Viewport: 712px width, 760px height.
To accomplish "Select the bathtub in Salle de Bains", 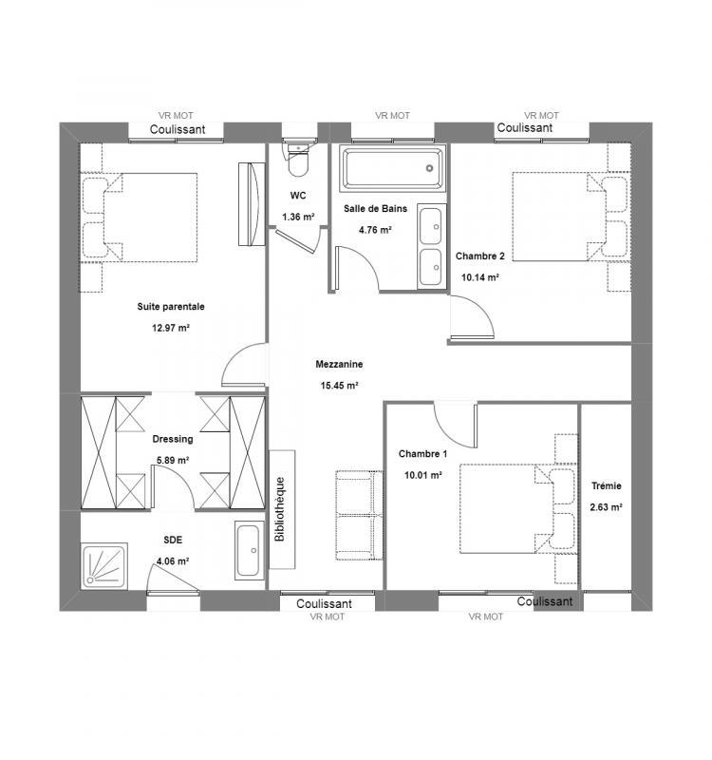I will (x=391, y=169).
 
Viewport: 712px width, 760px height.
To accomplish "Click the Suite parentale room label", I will (x=171, y=307).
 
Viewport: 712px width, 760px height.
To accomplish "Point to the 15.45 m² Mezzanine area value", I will (x=339, y=385).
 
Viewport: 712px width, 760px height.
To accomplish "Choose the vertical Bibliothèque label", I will (x=280, y=509).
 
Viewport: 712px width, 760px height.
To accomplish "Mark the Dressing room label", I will (x=173, y=439).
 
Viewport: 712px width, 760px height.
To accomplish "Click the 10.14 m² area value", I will (x=480, y=278).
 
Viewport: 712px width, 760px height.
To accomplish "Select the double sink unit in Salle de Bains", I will (x=430, y=246).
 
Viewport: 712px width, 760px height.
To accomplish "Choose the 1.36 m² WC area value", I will (x=297, y=218).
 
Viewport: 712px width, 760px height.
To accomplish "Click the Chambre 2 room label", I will (x=480, y=256).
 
